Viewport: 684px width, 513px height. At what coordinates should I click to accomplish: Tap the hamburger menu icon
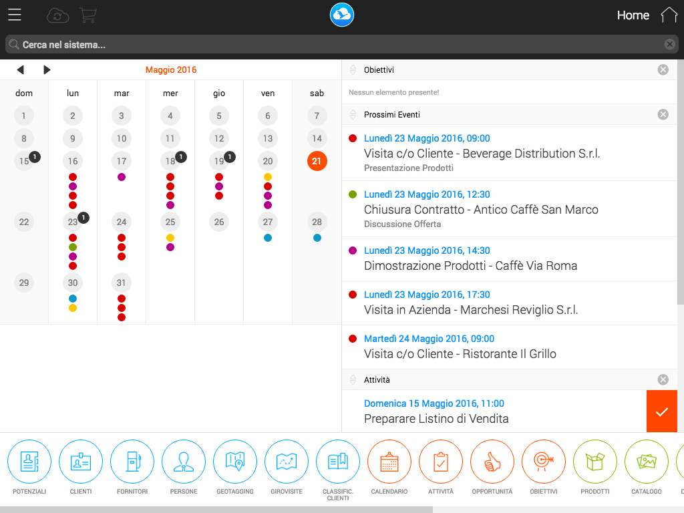tap(15, 15)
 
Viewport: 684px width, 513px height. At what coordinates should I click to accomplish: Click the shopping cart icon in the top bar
tap(88, 15)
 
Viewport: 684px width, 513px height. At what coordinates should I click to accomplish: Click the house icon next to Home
tap(669, 15)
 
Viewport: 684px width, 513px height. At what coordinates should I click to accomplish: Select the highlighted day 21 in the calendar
tap(317, 161)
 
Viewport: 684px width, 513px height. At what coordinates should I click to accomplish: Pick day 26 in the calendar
tap(219, 222)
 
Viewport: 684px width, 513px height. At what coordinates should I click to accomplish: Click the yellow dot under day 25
tap(170, 238)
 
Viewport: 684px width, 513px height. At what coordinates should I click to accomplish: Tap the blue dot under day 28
tap(317, 238)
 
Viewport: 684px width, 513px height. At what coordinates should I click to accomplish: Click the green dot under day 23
tap(73, 247)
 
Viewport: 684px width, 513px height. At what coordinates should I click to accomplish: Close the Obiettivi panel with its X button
tap(663, 69)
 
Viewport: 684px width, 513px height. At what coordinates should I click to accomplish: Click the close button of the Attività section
tap(663, 379)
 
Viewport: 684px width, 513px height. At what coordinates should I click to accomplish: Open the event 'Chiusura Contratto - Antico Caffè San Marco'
tap(481, 210)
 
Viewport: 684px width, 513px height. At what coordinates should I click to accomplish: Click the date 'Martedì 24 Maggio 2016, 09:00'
tap(430, 339)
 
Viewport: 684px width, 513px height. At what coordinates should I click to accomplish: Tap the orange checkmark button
tap(662, 411)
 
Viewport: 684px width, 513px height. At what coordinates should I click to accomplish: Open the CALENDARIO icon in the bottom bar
tap(389, 462)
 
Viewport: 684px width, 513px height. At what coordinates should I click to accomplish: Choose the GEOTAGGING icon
tap(235, 462)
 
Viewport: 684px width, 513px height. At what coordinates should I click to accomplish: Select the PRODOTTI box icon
tap(595, 462)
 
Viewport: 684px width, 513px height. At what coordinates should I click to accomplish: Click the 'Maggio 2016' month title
tap(171, 69)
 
